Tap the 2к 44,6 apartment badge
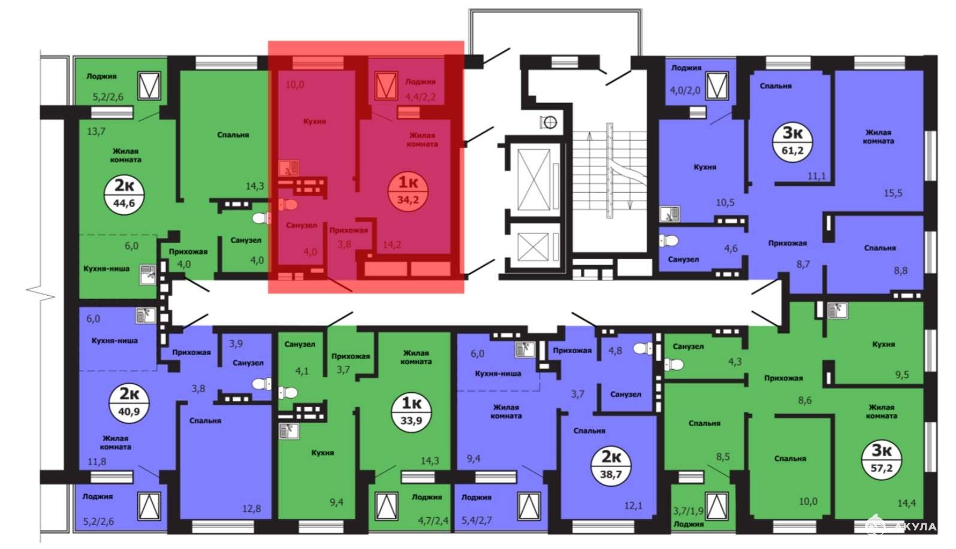pyautogui.click(x=124, y=195)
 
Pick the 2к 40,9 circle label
pyautogui.click(x=129, y=404)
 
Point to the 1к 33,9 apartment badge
pyautogui.click(x=411, y=412)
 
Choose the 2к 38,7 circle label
pyautogui.click(x=611, y=465)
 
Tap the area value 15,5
pyautogui.click(x=893, y=193)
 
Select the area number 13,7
pyautogui.click(x=96, y=131)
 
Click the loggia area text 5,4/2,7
pyautogui.click(x=477, y=520)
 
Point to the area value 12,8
pyautogui.click(x=251, y=508)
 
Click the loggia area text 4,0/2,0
pyautogui.click(x=685, y=90)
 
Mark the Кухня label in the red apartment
pyautogui.click(x=315, y=122)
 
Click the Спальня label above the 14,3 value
pyautogui.click(x=233, y=135)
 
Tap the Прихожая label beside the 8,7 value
pyautogui.click(x=788, y=244)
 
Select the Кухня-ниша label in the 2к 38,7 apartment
pyautogui.click(x=498, y=374)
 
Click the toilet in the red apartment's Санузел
pyautogui.click(x=288, y=205)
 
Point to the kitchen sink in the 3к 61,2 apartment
pyautogui.click(x=669, y=214)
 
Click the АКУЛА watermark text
pyautogui.click(x=916, y=527)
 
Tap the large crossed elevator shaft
pyautogui.click(x=533, y=180)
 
